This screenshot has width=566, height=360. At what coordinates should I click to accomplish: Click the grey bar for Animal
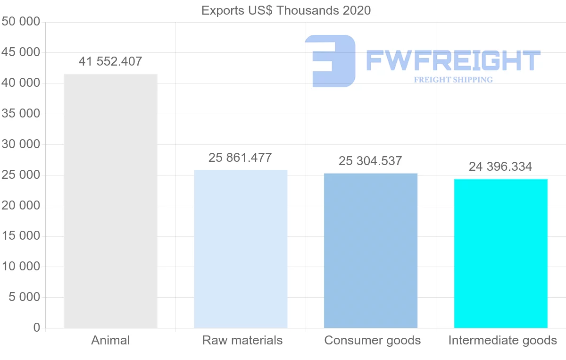click(110, 201)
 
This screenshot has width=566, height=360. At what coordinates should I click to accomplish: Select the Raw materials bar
click(241, 249)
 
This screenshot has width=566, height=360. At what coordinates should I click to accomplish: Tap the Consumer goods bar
click(371, 250)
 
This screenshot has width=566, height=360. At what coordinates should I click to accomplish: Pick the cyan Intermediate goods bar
click(500, 253)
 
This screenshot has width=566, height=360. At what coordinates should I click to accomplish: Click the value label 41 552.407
click(110, 61)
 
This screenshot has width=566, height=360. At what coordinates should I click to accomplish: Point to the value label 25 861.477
click(240, 158)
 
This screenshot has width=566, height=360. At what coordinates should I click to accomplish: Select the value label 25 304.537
click(370, 161)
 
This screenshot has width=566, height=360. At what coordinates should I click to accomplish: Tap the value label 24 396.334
click(500, 167)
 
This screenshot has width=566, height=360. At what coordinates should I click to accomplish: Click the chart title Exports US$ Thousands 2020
click(286, 10)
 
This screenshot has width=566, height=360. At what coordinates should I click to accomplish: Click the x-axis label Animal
click(110, 340)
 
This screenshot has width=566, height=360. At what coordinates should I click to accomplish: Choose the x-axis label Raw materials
click(242, 340)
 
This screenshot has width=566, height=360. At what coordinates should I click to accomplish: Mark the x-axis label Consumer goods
click(373, 340)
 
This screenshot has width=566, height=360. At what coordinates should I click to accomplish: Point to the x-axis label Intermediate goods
click(503, 340)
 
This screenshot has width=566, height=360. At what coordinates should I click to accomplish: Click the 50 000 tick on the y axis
click(21, 22)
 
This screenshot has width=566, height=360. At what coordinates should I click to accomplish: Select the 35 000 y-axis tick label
click(21, 114)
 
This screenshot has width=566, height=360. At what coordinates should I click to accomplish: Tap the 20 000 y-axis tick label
click(21, 206)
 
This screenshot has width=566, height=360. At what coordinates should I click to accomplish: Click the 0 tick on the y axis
click(37, 328)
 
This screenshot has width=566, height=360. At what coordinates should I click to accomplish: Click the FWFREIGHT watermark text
click(453, 60)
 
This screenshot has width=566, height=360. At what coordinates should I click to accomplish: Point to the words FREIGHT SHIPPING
click(453, 80)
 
